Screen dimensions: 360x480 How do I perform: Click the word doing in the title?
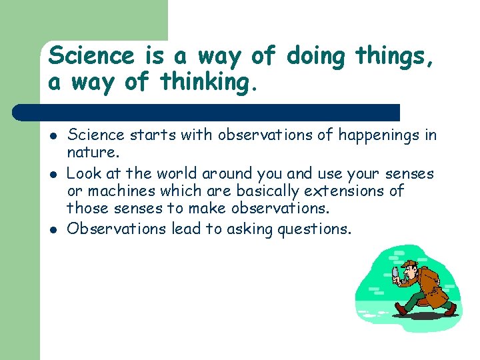[315, 57]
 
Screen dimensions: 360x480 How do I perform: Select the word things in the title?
[393, 57]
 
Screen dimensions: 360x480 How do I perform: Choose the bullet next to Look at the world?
[53, 175]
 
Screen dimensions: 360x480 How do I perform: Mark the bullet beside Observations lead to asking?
[53, 230]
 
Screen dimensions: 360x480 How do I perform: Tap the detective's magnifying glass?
[396, 272]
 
